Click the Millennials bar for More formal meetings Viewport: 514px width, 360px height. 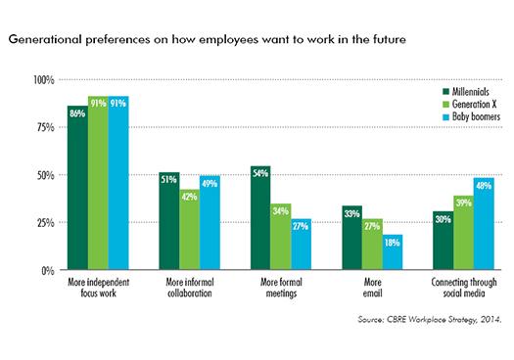click(260, 218)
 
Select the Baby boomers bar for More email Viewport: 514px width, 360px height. click(393, 252)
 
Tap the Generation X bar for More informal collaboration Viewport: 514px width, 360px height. click(190, 230)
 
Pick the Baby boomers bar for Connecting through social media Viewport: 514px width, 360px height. click(484, 224)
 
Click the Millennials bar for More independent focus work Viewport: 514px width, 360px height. click(77, 188)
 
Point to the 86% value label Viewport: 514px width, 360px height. click(77, 113)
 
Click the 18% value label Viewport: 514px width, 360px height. click(393, 243)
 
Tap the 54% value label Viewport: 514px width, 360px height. click(260, 173)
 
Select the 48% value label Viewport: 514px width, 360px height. click(484, 186)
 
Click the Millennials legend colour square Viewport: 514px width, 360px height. click(445, 91)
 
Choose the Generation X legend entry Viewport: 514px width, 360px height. click(469, 104)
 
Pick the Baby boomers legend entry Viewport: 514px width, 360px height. click(471, 116)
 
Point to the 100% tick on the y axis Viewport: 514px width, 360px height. click(44, 80)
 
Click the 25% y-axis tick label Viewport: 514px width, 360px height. click(46, 223)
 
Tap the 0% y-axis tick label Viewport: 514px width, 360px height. click(48, 271)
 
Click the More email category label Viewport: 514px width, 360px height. click(372, 288)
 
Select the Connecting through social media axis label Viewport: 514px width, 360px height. click(464, 288)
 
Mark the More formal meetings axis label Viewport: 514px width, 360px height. click(281, 288)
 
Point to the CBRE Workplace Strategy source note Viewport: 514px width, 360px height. click(430, 319)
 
